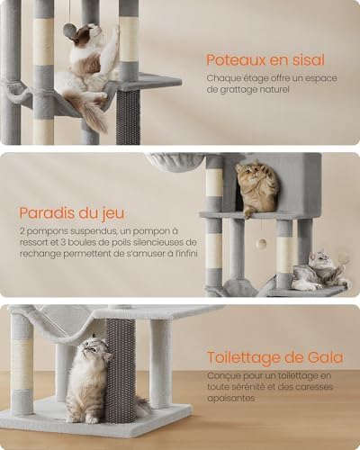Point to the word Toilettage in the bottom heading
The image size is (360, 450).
[x=243, y=358]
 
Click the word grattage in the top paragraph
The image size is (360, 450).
[x=237, y=90]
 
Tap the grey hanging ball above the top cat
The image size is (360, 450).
[x=70, y=31]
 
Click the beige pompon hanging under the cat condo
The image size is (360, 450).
[x=262, y=241]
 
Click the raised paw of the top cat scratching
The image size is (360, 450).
[x=116, y=30]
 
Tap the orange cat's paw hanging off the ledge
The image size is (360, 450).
[x=247, y=213]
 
